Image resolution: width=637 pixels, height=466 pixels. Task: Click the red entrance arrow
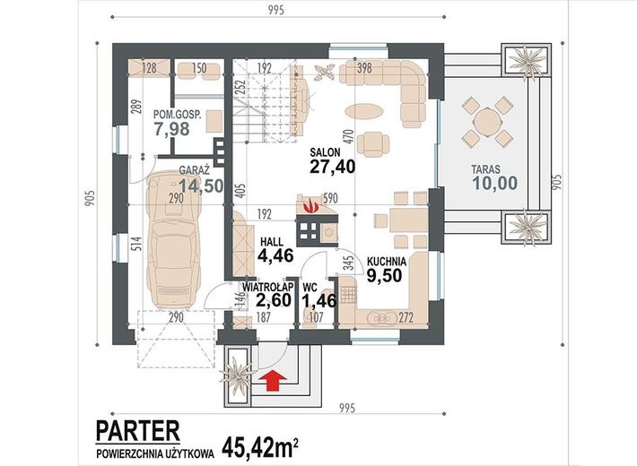pyautogui.click(x=276, y=380)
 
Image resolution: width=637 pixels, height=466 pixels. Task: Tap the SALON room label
pyautogui.click(x=325, y=152)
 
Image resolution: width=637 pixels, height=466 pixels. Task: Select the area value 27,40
pyautogui.click(x=332, y=167)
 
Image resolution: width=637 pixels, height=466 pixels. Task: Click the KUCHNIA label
pyautogui.click(x=387, y=261)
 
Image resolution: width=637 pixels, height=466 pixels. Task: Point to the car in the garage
pyautogui.click(x=175, y=239)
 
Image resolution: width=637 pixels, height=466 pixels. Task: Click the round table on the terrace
pyautogui.click(x=487, y=122)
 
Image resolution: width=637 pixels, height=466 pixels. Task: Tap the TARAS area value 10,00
pyautogui.click(x=495, y=183)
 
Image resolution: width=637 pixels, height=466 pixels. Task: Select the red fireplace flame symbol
pyautogui.click(x=311, y=205)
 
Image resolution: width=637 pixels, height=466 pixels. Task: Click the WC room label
pyautogui.click(x=310, y=288)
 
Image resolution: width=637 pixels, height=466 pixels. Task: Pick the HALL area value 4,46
pyautogui.click(x=275, y=255)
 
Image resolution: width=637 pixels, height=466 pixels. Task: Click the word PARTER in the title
pyautogui.click(x=138, y=431)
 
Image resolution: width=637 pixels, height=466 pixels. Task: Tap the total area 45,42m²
pyautogui.click(x=260, y=446)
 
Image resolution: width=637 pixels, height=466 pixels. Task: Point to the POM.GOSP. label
pyautogui.click(x=177, y=115)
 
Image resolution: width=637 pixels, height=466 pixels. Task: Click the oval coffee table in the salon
pyautogui.click(x=363, y=110)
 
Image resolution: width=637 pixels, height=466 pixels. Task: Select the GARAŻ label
pyautogui.click(x=194, y=169)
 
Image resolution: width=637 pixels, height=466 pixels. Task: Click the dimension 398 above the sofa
pyautogui.click(x=364, y=68)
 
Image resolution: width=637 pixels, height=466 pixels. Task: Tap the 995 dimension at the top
pyautogui.click(x=276, y=10)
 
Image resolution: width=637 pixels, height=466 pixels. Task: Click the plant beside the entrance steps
pyautogui.click(x=237, y=375)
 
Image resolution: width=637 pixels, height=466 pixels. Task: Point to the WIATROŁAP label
pyautogui.click(x=268, y=287)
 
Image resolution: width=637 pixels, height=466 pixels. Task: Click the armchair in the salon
pyautogui.click(x=376, y=144)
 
